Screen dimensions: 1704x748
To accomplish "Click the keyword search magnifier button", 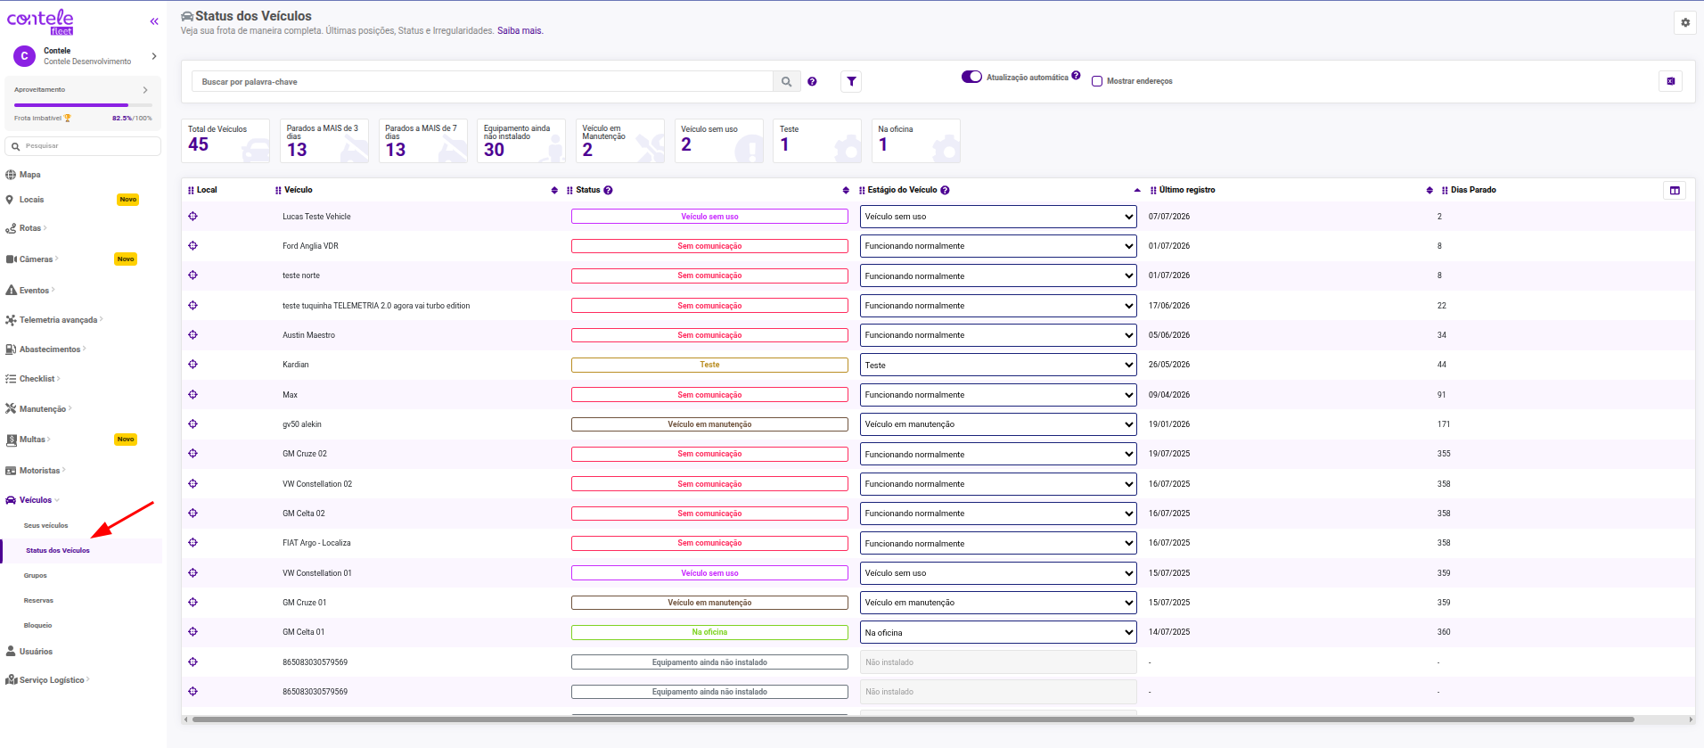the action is pos(786,82).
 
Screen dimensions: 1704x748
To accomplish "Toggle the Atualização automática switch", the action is pos(971,77).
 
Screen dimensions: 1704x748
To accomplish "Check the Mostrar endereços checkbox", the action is pos(1097,81).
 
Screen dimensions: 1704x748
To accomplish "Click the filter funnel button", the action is pos(851,82).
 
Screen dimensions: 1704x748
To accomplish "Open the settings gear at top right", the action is pos(1685,23).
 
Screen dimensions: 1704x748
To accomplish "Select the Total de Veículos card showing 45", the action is pos(225,141).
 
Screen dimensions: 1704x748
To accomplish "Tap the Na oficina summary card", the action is pos(915,141).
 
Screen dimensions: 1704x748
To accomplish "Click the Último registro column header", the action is pos(1187,190).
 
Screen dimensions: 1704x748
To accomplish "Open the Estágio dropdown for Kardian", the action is pos(998,365).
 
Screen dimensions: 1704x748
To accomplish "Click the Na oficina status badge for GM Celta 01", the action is pos(709,632).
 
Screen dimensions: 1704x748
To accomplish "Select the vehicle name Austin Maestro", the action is pos(308,335).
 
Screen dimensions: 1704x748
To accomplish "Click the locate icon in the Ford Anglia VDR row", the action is pos(193,246).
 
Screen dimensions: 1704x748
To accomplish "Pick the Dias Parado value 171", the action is pos(1443,424).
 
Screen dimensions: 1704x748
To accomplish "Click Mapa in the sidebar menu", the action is pos(29,175).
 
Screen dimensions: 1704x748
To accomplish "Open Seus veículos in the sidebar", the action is pos(45,526).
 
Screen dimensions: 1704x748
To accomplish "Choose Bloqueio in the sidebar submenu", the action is pos(37,626).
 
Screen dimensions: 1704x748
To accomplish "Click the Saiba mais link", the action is pos(520,31).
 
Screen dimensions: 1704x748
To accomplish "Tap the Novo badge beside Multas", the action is pos(126,440).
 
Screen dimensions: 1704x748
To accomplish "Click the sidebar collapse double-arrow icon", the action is pos(154,21).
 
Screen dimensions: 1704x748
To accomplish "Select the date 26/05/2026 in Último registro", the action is pos(1169,365).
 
